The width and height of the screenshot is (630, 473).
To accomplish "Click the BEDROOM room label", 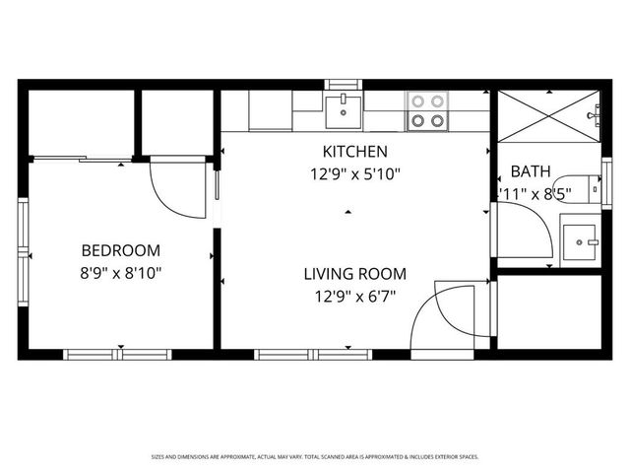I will pos(120,250).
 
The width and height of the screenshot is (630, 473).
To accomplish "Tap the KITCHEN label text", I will pos(355,152).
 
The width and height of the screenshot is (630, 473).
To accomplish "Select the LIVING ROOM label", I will pos(354,273).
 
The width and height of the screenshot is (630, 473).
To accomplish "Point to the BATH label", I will pos(531,170).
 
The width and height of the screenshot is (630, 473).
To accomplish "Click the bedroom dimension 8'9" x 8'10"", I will pos(120,272).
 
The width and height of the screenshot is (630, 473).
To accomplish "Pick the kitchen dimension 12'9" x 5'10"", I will pos(355,173).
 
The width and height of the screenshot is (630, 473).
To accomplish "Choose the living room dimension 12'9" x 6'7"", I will pos(354,295).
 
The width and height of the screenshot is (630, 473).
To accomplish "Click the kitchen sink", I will pos(342,109).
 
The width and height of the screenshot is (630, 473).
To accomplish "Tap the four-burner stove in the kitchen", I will pos(426,111).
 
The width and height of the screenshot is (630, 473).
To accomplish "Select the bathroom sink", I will pos(580,238).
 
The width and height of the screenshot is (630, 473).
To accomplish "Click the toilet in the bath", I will pos(588,187).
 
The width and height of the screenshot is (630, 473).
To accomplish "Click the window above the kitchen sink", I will pos(344,84).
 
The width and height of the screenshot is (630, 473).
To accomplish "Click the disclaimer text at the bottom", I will pos(315,456).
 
